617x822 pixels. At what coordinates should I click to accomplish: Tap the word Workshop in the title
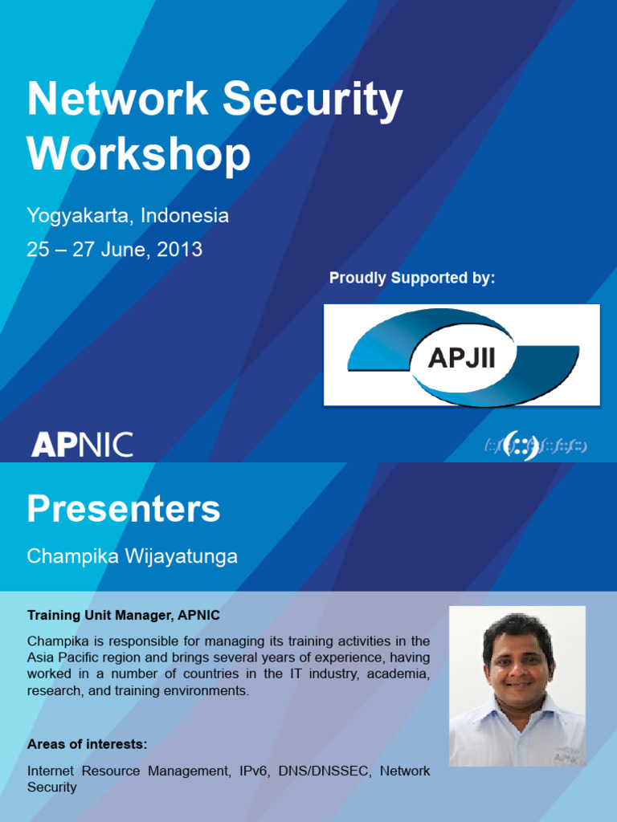(x=138, y=156)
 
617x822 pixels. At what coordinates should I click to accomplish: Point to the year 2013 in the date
(x=179, y=249)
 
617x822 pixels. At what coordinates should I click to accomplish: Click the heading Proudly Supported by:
(x=412, y=278)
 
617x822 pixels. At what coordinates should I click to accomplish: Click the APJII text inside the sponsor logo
(x=462, y=359)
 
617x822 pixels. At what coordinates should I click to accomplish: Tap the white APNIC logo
(x=82, y=445)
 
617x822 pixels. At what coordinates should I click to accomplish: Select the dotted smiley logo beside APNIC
(x=535, y=446)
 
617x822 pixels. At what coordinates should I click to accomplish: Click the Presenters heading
(x=124, y=509)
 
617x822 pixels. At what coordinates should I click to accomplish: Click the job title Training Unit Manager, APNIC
(x=123, y=615)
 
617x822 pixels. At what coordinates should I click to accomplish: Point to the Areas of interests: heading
(x=87, y=744)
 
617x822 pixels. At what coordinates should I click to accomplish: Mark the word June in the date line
(x=123, y=250)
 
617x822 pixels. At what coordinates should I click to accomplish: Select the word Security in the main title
(x=313, y=100)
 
